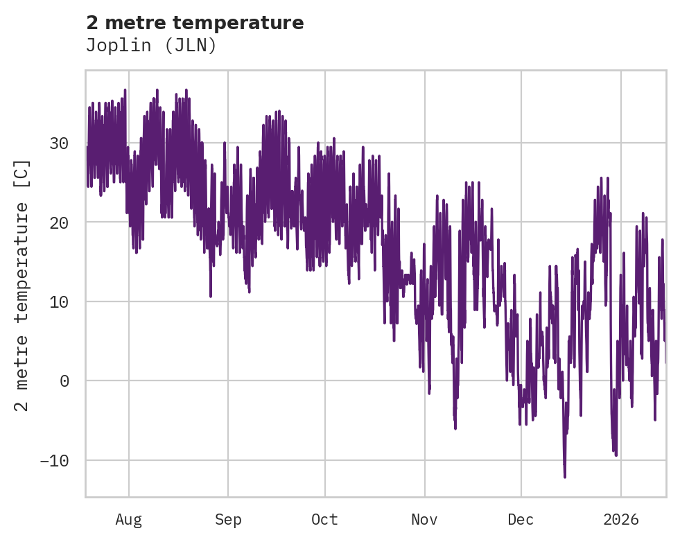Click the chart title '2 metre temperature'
click(x=195, y=23)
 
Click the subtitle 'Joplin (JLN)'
click(x=151, y=45)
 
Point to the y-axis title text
click(x=23, y=285)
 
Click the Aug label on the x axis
click(x=129, y=520)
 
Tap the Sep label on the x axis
click(x=227, y=520)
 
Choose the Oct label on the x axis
click(x=324, y=520)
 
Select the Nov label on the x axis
click(x=424, y=520)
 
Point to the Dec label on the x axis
click(x=521, y=520)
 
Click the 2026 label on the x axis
click(x=621, y=520)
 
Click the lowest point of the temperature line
click(x=565, y=477)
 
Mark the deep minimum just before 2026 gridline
click(x=616, y=455)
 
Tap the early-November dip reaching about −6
click(x=455, y=428)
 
